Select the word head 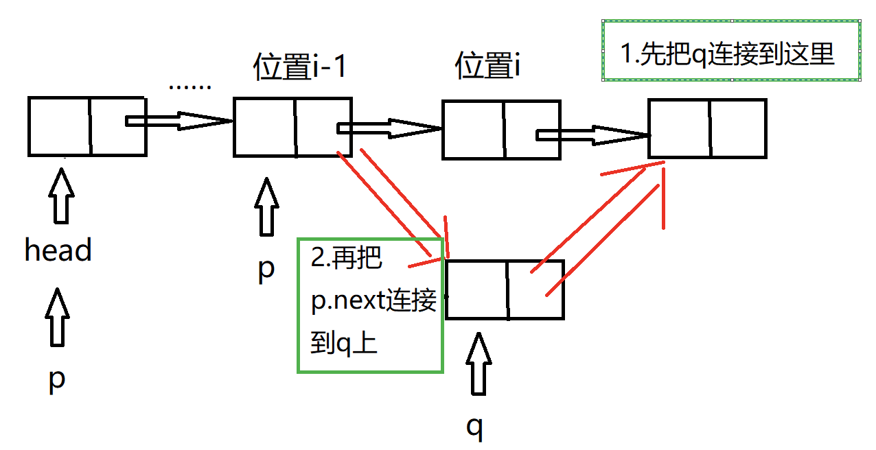coord(58,251)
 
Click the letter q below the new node coord(475,426)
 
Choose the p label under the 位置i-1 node coord(266,268)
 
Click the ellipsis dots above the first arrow coord(189,87)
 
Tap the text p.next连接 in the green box coord(373,302)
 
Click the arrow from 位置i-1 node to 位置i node coord(389,128)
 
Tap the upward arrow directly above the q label coord(479,364)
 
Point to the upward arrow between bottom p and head coord(58,316)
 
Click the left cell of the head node coord(60,126)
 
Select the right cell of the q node coord(535,289)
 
